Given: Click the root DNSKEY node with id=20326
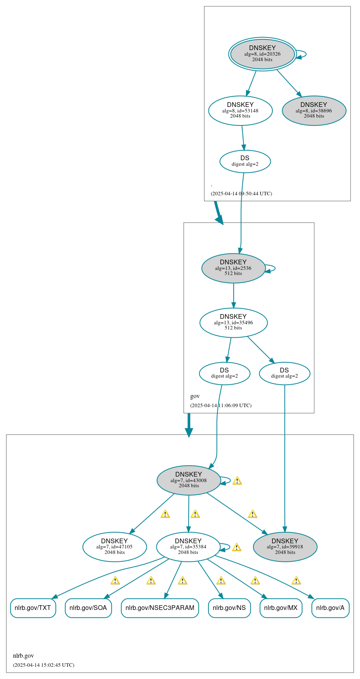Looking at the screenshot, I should pos(262,54).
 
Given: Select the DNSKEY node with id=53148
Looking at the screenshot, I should pos(240,110).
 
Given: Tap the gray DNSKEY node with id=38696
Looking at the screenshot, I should pos(314,110).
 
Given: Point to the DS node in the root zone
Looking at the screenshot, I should pos(245,161).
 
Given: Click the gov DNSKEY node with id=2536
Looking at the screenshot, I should pos(233,268).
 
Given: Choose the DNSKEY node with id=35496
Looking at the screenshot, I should pos(233,322).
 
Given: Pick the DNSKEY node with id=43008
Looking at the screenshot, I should pos(189,480).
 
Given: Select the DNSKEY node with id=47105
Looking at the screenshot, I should pos(114,546).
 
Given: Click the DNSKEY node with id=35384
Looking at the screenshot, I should pos(188,546).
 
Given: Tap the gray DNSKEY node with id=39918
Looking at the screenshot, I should pos(285,546).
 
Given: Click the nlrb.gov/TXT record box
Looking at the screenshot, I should pos(33,608).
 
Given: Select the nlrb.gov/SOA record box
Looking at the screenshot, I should pos(88,608).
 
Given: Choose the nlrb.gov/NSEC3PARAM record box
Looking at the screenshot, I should pos(160,608).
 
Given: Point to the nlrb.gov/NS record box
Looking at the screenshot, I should pos(229,608).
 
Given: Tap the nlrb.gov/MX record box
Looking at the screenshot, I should pos(281,608).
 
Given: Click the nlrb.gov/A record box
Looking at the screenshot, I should pos(330,608).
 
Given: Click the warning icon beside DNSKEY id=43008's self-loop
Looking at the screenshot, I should pos(237,481).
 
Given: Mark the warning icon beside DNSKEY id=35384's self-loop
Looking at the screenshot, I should pos(236,547).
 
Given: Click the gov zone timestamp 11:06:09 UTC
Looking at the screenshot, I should pos(221,405).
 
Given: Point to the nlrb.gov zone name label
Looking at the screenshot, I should pos(23,656).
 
